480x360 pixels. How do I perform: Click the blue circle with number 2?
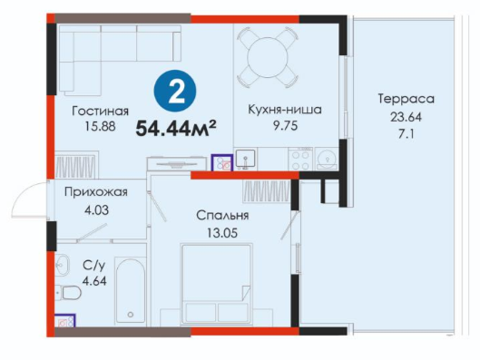tap(175, 91)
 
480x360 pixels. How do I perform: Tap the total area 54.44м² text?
tap(176, 129)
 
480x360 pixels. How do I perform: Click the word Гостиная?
tap(100, 111)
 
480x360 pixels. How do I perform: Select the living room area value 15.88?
tap(100, 126)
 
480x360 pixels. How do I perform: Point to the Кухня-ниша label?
tap(285, 109)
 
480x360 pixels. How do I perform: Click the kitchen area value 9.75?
tap(285, 126)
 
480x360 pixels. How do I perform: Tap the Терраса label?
tap(407, 99)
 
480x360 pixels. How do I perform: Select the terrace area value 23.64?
tap(406, 117)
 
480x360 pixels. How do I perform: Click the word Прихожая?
tap(96, 192)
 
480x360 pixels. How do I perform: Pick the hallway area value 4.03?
tap(96, 210)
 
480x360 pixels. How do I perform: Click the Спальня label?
tap(222, 216)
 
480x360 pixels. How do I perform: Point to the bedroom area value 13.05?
tap(222, 233)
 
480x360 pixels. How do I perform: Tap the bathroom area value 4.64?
tap(94, 281)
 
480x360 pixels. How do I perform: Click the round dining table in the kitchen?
tap(268, 57)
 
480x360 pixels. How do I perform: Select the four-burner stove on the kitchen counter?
tap(300, 159)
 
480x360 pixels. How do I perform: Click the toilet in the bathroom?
tap(69, 293)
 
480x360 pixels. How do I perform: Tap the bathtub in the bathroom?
tap(130, 290)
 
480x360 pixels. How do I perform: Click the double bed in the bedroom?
tap(217, 284)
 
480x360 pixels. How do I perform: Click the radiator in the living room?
tap(77, 167)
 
